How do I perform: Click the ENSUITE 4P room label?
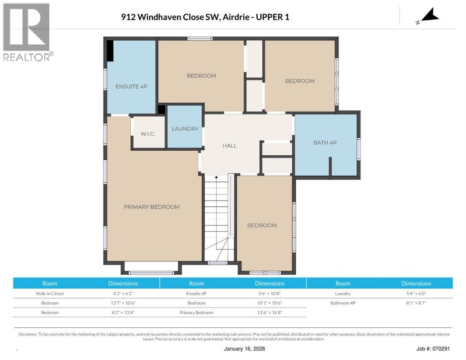click(x=131, y=86)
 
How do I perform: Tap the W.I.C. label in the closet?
click(x=148, y=134)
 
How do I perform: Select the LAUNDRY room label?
click(x=185, y=128)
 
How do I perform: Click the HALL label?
click(x=230, y=145)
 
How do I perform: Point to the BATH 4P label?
click(x=325, y=142)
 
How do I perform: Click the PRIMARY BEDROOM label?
click(x=151, y=207)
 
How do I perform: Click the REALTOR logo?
click(x=27, y=32)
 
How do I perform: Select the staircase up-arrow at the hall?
click(x=216, y=178)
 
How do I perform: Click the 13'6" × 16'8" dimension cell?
click(x=270, y=312)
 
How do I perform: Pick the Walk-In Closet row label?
click(x=50, y=293)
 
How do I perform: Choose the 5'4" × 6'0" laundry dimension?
click(x=416, y=293)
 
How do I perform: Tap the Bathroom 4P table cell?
click(x=343, y=303)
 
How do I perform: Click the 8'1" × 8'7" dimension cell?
click(x=416, y=303)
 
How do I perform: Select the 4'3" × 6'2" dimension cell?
click(x=123, y=293)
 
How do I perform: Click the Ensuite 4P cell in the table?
click(x=196, y=293)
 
